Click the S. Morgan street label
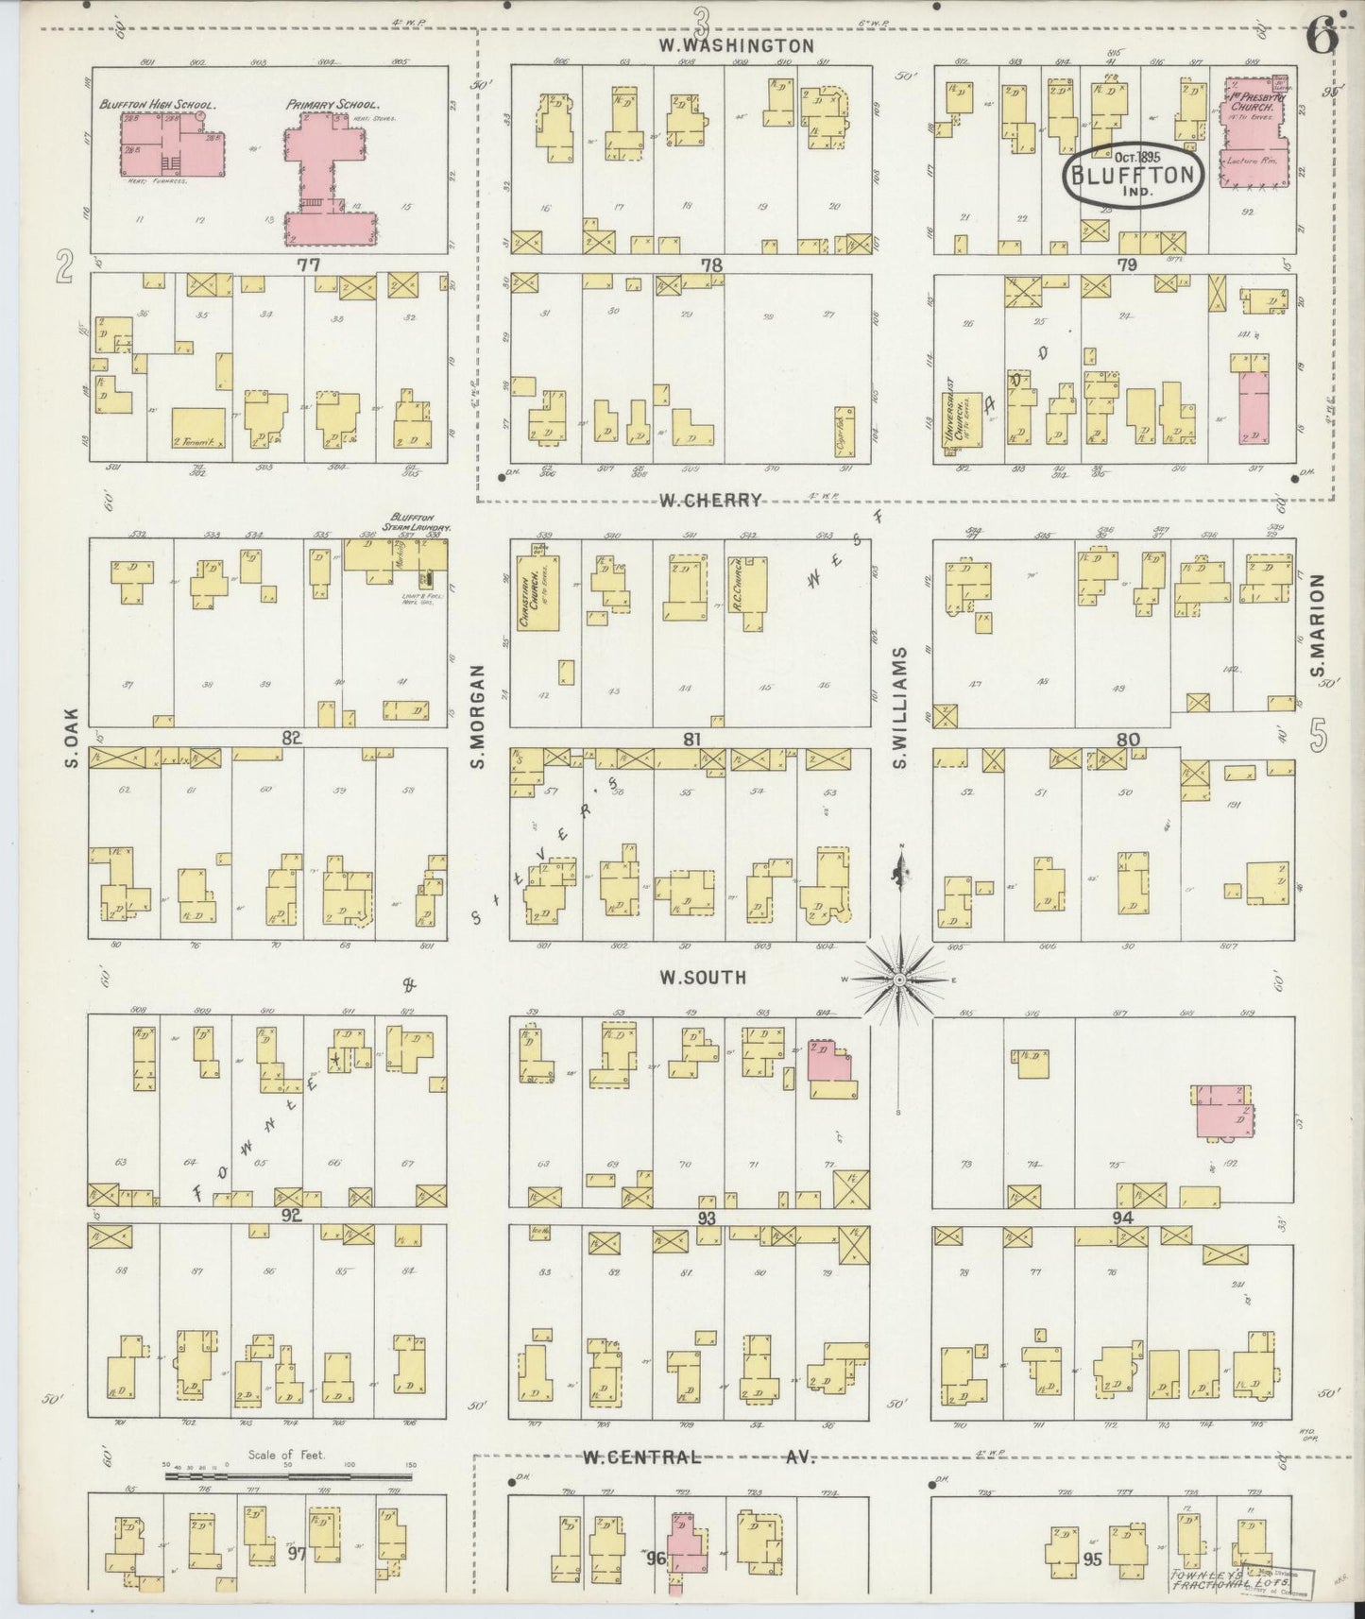[x=478, y=715]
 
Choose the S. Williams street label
[x=899, y=707]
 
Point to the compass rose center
[x=899, y=980]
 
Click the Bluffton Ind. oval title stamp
[x=1134, y=176]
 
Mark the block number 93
[x=706, y=1218]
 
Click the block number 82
[x=291, y=738]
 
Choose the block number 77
[x=308, y=265]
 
